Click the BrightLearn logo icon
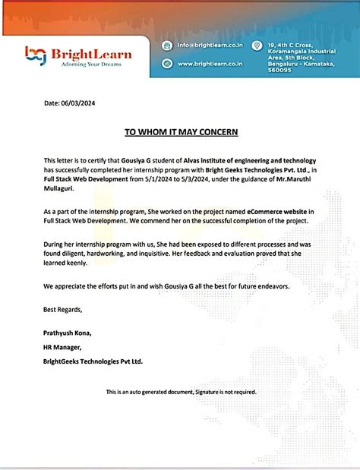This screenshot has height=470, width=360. click(x=35, y=55)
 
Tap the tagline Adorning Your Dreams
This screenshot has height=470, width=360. click(x=90, y=65)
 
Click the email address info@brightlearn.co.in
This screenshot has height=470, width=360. click(x=208, y=46)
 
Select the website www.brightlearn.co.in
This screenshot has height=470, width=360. click(x=210, y=64)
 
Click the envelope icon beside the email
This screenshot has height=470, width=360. click(x=166, y=46)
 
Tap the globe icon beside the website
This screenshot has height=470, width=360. click(x=166, y=64)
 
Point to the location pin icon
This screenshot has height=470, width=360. click(x=258, y=46)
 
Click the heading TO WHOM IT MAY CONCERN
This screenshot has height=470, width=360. click(x=181, y=132)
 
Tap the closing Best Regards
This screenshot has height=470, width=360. click(x=63, y=310)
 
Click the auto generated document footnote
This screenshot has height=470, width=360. click(x=181, y=392)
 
